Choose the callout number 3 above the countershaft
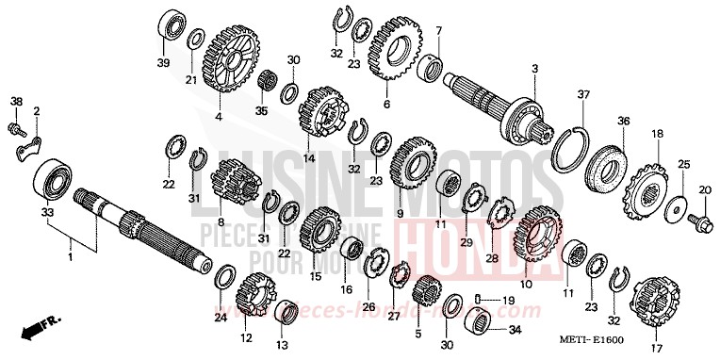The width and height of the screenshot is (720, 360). coord(534,69)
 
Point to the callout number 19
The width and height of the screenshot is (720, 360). coord(506,300)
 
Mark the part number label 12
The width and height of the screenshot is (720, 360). coord(245,337)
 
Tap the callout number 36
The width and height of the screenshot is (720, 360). coord(623,122)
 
